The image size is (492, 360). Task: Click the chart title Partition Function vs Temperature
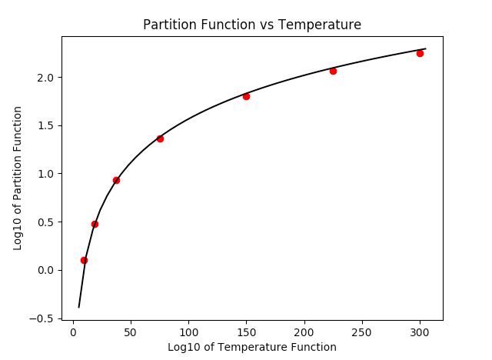tap(252, 25)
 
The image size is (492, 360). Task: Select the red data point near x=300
tap(420, 53)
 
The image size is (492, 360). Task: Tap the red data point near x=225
tap(333, 71)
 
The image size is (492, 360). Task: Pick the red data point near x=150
tap(246, 96)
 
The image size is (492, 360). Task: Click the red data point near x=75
tap(160, 138)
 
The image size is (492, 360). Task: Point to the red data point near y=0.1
tap(84, 260)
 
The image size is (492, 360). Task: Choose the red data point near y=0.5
tap(95, 224)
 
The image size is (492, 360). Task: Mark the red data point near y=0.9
tap(116, 180)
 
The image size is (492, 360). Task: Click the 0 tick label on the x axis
tap(73, 332)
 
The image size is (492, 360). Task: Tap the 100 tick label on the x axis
tap(188, 332)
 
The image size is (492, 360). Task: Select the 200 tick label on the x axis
tap(304, 332)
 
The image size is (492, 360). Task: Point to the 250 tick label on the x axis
tap(362, 332)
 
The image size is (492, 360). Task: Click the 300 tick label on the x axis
tap(420, 332)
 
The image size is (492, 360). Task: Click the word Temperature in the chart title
tap(321, 25)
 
